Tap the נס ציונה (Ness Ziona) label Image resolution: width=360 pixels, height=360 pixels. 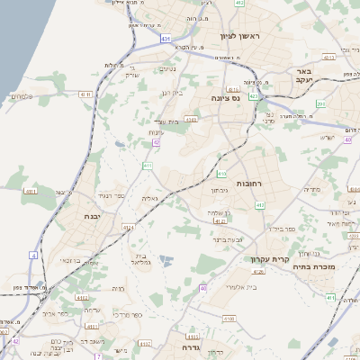tap(224, 97)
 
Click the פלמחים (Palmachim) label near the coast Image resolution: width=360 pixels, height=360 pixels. tap(20, 96)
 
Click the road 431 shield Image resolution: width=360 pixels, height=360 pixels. tap(166, 40)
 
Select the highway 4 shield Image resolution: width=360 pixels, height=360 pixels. tap(33, 256)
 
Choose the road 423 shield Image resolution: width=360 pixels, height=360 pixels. tap(254, 95)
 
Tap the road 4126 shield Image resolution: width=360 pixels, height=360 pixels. tap(258, 270)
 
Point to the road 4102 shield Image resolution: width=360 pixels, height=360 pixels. tap(82, 296)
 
